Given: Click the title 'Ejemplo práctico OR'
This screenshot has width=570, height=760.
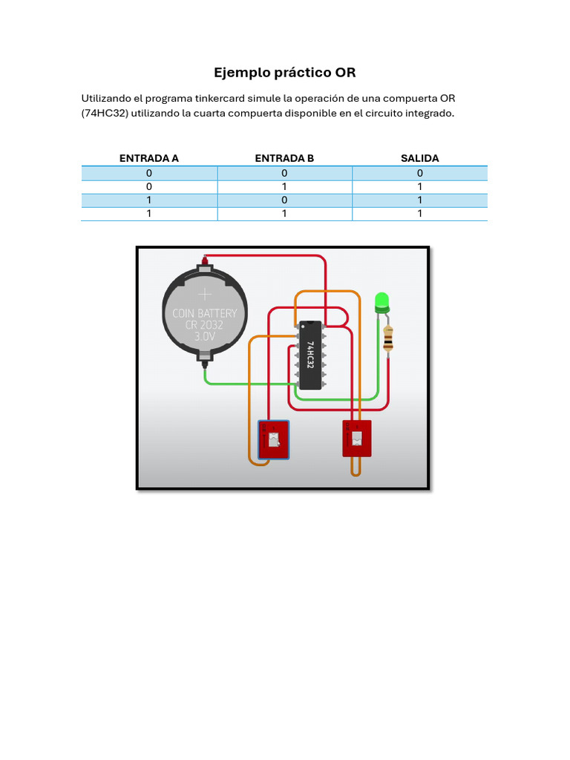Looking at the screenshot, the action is click(285, 73).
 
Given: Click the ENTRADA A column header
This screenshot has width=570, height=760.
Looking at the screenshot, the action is click(148, 158).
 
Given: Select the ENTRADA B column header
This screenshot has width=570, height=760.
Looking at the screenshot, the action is click(284, 158).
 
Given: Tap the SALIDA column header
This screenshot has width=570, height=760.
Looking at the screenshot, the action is click(419, 158).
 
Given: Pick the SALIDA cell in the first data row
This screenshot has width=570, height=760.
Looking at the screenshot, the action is click(419, 173).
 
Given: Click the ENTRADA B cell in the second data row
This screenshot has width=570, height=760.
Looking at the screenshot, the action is click(284, 186).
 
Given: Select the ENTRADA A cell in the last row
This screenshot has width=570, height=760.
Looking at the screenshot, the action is click(148, 214).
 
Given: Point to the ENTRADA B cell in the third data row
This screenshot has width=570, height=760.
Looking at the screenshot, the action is click(284, 200).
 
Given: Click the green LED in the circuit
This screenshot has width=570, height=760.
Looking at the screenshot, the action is click(382, 301).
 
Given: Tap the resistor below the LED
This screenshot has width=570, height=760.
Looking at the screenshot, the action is click(388, 339).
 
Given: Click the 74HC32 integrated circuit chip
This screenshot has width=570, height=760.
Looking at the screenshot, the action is click(310, 355).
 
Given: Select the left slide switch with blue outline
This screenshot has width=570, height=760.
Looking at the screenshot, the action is click(274, 439).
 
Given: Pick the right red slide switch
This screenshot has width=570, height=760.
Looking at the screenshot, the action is click(356, 439).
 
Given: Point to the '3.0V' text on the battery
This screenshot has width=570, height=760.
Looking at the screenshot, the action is click(204, 336).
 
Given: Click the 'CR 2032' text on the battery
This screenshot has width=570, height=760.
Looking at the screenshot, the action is click(204, 324).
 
